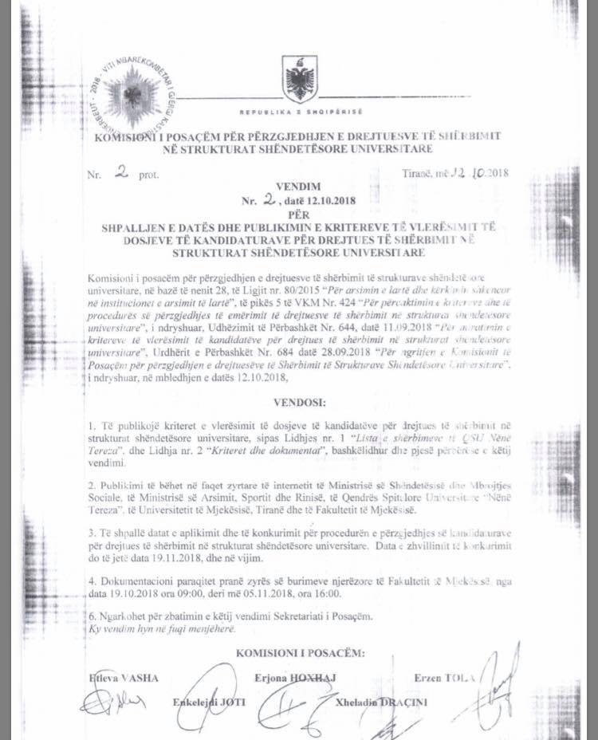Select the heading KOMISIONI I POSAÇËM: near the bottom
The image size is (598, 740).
pyautogui.click(x=301, y=653)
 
